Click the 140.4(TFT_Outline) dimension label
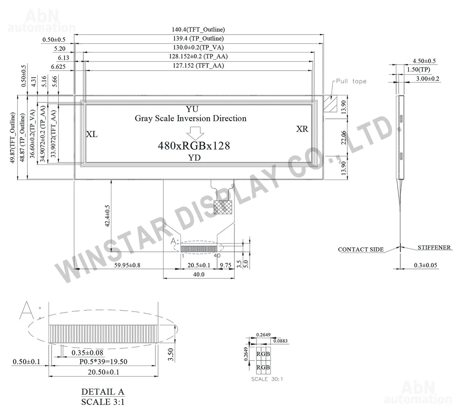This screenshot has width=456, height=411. tap(198, 30)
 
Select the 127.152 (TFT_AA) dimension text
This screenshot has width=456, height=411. tap(198, 66)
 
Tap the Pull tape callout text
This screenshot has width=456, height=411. tap(351, 81)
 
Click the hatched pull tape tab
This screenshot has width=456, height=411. tap(330, 104)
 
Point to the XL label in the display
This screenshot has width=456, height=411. tap(92, 134)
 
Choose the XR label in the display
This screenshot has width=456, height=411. tap(302, 129)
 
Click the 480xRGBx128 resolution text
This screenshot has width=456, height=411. tap(194, 146)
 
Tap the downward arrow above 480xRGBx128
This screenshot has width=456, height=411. tap(195, 133)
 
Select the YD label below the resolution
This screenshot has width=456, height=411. tap(194, 158)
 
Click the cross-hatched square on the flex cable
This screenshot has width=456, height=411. tap(223, 207)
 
